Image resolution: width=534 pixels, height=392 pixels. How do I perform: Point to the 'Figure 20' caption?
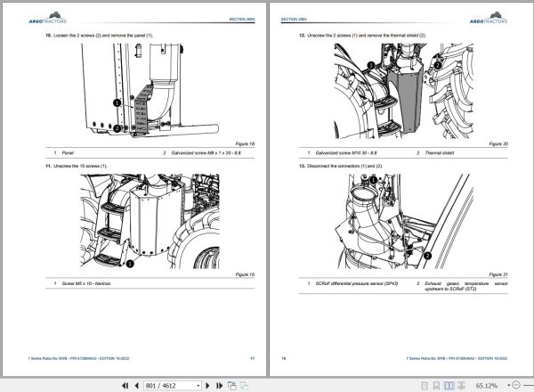[x=496, y=143]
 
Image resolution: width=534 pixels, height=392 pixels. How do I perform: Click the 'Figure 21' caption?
[x=496, y=273]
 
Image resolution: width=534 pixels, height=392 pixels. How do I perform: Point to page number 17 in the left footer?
[x=252, y=358]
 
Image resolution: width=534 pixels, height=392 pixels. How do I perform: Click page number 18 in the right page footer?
[x=284, y=358]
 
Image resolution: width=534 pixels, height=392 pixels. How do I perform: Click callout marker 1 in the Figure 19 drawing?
[x=128, y=263]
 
